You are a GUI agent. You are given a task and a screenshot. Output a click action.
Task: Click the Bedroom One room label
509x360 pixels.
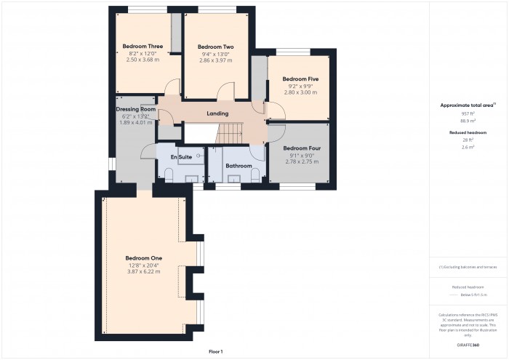tap(143, 258)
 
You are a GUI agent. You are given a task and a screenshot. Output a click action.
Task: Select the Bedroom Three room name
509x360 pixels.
tap(142, 46)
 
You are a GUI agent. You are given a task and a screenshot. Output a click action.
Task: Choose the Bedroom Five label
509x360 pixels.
tap(300, 79)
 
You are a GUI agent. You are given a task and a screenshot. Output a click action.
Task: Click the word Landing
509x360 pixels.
tap(217, 113)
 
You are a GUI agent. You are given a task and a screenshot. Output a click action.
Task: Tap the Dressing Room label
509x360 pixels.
tap(136, 109)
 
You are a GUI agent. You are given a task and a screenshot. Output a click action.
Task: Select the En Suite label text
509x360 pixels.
tap(181, 157)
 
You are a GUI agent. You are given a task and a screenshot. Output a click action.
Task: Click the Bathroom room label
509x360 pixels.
tap(238, 166)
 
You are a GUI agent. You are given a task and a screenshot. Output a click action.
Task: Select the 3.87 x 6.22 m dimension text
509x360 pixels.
tap(143, 272)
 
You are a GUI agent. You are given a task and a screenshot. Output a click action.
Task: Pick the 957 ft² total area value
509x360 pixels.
tap(468, 113)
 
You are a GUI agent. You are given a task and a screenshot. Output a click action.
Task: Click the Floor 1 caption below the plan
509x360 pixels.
tap(215, 351)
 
